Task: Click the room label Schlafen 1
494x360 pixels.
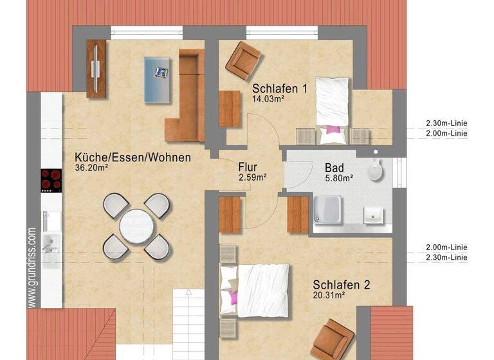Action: click(280, 89)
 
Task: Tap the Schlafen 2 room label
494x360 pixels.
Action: click(342, 284)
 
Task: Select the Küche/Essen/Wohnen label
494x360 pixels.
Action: click(133, 157)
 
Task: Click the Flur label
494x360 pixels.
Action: click(248, 166)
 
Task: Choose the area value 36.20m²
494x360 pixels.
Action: click(91, 168)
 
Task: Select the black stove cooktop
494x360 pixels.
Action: click(51, 181)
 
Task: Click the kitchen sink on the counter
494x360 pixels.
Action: click(50, 243)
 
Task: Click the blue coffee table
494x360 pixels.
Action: click(158, 78)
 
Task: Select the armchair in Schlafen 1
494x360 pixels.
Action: click(243, 60)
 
